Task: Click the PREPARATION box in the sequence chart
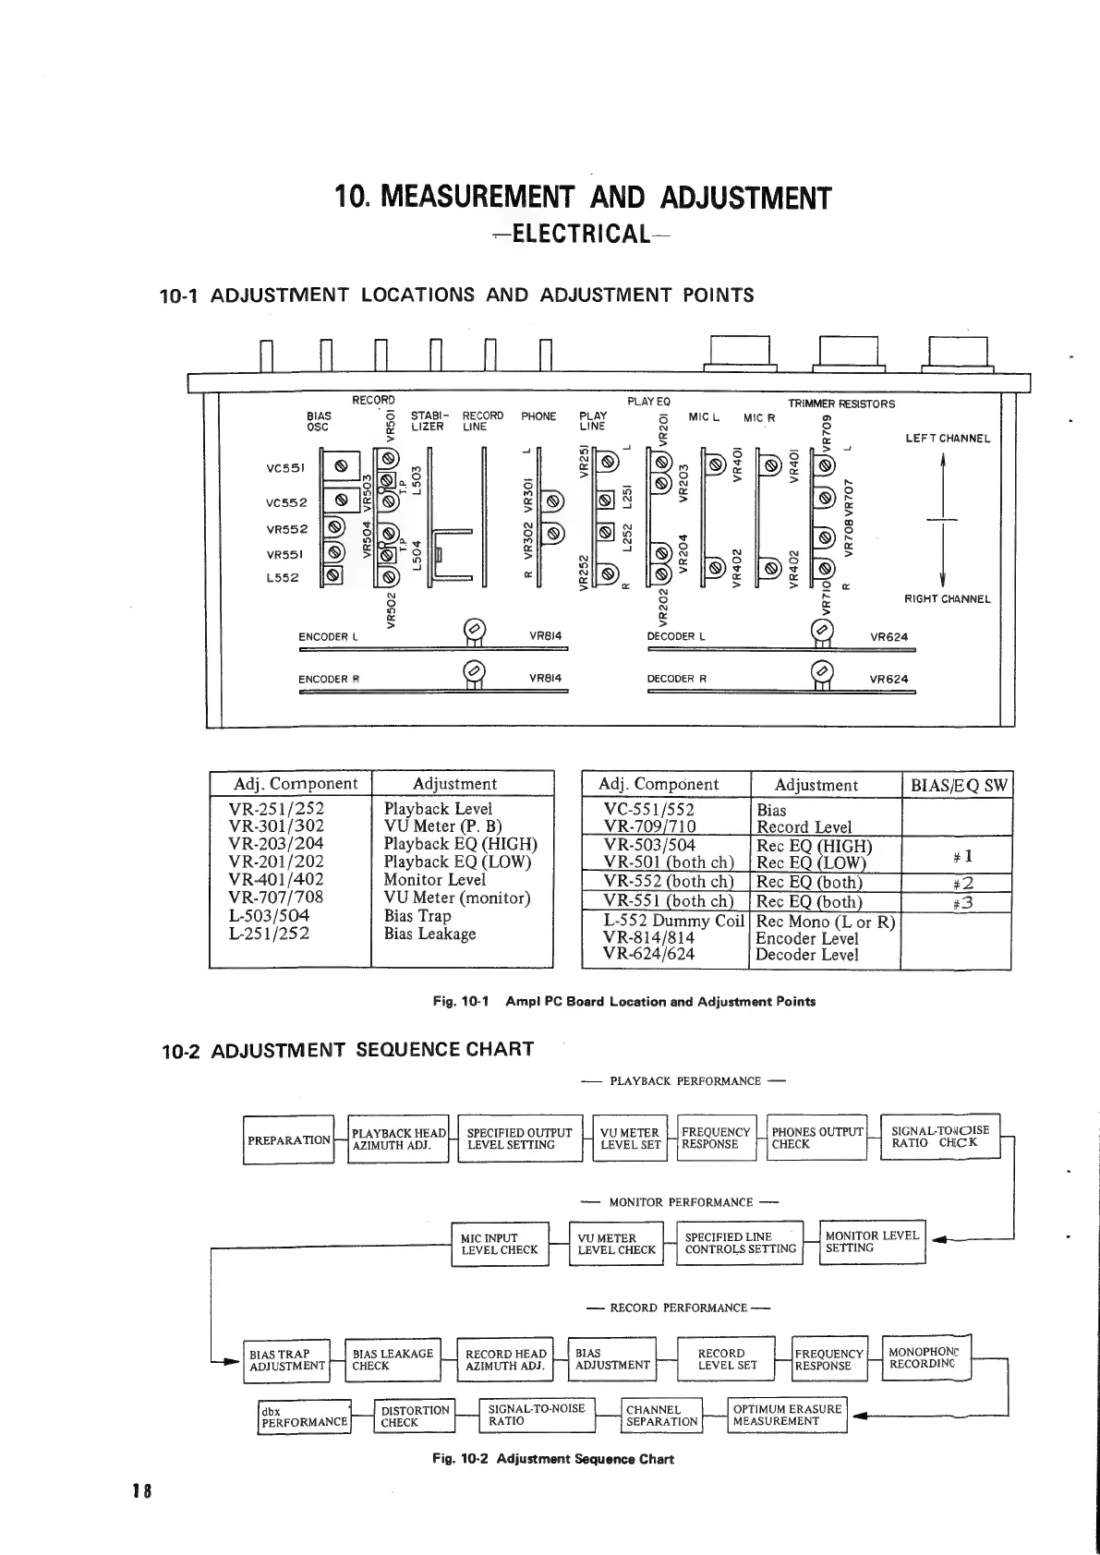pos(288,1139)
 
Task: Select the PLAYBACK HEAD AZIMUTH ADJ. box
pos(399,1139)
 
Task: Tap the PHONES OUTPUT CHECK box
pos(817,1138)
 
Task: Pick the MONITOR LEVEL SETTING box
pos(872,1242)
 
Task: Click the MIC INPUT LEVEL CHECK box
pos(500,1244)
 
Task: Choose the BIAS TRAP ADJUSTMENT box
pos(287,1360)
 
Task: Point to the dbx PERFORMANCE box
pos(304,1417)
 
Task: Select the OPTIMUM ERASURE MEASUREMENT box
pos(787,1415)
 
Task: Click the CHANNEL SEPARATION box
pos(661,1416)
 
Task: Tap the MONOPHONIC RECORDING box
pos(926,1357)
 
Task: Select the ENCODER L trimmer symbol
pos(474,632)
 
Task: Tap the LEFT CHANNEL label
pos(948,439)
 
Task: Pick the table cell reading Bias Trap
pos(417,916)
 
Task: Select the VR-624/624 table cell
pos(648,954)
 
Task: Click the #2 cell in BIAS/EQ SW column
pos(957,882)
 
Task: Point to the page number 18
pos(141,1490)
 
